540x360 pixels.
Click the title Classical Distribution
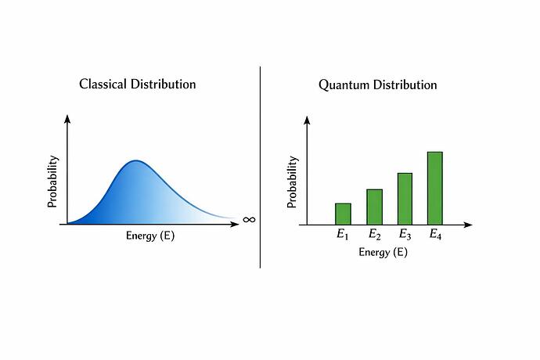(137, 84)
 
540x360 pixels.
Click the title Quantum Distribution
(377, 85)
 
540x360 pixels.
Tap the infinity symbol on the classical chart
(249, 220)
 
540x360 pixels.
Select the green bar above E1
(343, 214)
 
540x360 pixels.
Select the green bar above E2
(374, 207)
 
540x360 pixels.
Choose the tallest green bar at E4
(435, 188)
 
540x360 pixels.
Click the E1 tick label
(343, 235)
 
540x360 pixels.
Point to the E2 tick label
(374, 235)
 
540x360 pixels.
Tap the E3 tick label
(405, 235)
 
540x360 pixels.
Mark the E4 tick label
(435, 235)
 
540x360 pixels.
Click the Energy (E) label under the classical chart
(150, 236)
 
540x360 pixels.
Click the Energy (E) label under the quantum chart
(383, 252)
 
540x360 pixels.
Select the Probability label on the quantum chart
(292, 182)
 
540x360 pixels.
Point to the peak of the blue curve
(136, 161)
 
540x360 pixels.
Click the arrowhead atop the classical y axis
(67, 119)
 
